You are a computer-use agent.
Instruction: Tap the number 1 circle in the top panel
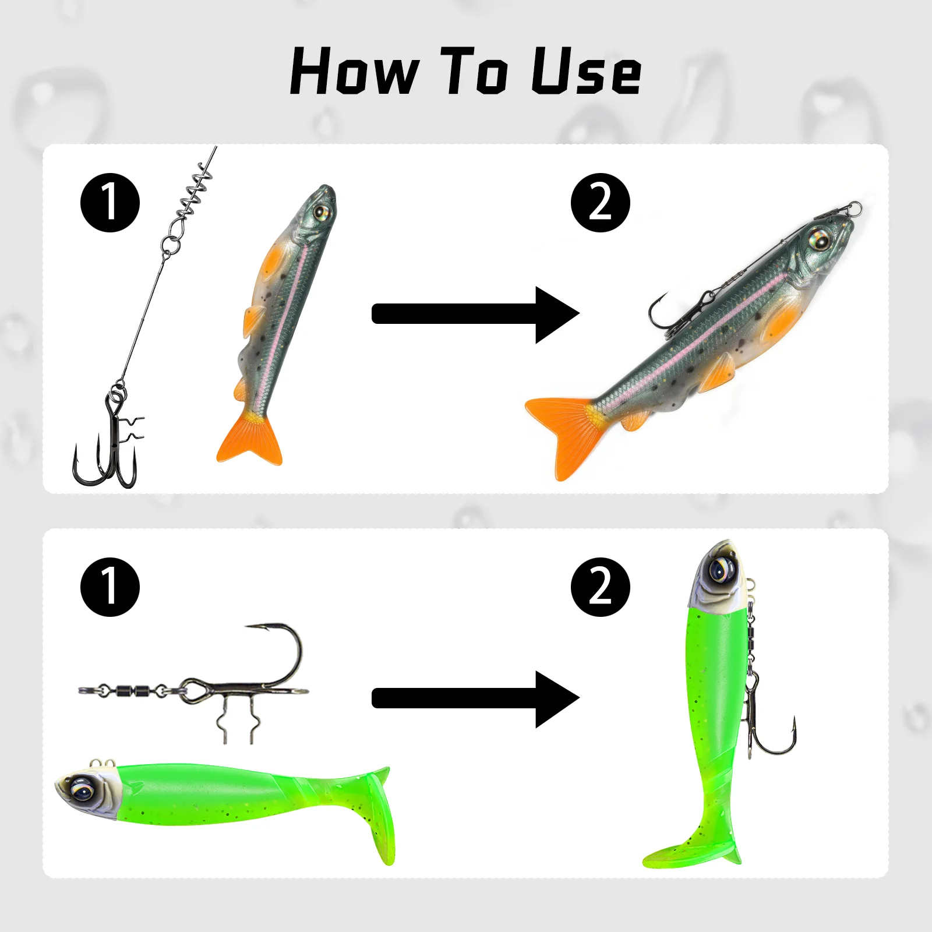110,203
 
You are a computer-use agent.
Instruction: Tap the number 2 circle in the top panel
600,203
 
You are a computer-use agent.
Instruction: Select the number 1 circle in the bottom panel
110,587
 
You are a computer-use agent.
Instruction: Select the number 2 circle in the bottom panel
600,587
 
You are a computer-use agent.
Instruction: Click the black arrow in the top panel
475,314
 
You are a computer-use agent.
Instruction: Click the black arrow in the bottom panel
475,698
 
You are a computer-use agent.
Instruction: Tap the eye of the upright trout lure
320,211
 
